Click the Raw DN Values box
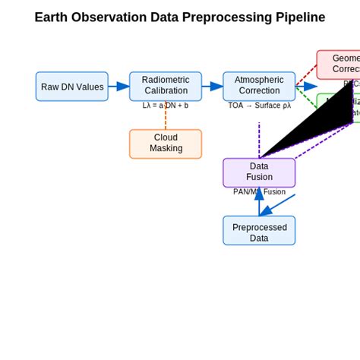tap(72, 87)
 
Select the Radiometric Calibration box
tap(166, 86)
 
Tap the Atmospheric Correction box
tap(259, 86)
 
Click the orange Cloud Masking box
tap(166, 144)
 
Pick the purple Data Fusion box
tap(259, 172)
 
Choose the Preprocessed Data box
tap(259, 230)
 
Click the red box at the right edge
tap(339, 64)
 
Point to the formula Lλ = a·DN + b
tap(166, 106)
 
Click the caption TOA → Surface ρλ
tap(259, 106)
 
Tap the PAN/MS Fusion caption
tap(259, 192)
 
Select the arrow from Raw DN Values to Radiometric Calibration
tap(118, 87)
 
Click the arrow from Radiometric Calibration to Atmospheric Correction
tap(212, 87)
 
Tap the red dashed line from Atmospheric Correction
tap(305, 74)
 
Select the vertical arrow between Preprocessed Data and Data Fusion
tap(259, 204)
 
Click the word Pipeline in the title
tap(297, 17)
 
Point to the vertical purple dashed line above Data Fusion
tap(259, 141)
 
